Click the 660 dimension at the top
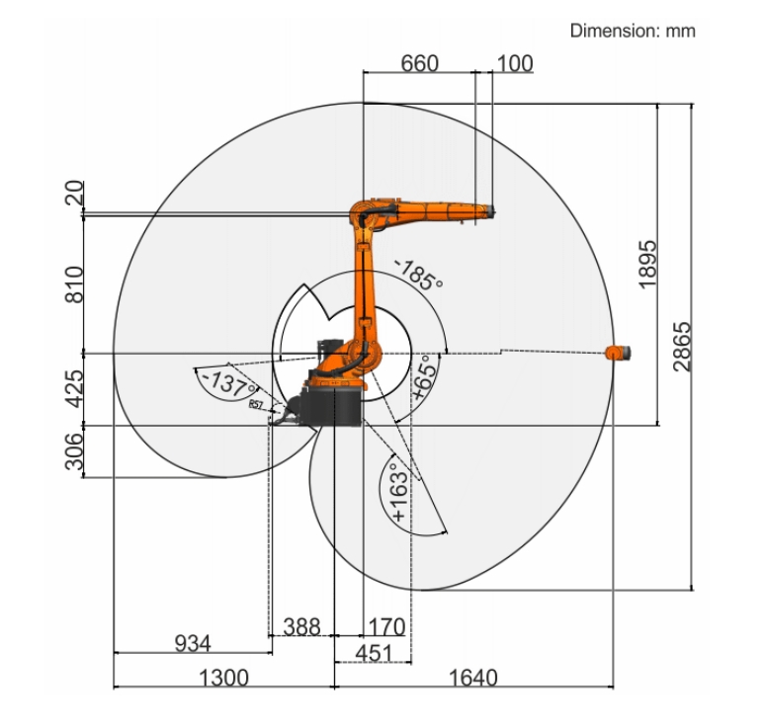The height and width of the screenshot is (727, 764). click(x=419, y=63)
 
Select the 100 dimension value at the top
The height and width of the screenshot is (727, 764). click(x=514, y=63)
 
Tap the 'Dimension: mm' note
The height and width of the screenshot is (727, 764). click(x=633, y=31)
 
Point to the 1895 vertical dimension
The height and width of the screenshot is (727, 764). click(x=648, y=264)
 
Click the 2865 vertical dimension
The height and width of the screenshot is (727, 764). click(x=682, y=346)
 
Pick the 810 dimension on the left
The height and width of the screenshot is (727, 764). click(x=74, y=283)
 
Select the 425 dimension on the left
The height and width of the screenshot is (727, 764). click(x=74, y=388)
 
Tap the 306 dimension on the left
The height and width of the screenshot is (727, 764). click(x=74, y=452)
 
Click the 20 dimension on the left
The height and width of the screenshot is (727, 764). click(x=74, y=194)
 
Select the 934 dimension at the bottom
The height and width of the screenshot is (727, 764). click(x=193, y=644)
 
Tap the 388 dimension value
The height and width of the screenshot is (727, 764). click(x=301, y=626)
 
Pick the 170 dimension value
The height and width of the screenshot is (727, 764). click(x=385, y=626)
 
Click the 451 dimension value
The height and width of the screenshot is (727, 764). click(x=373, y=653)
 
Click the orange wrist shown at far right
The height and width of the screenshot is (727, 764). click(x=618, y=353)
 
